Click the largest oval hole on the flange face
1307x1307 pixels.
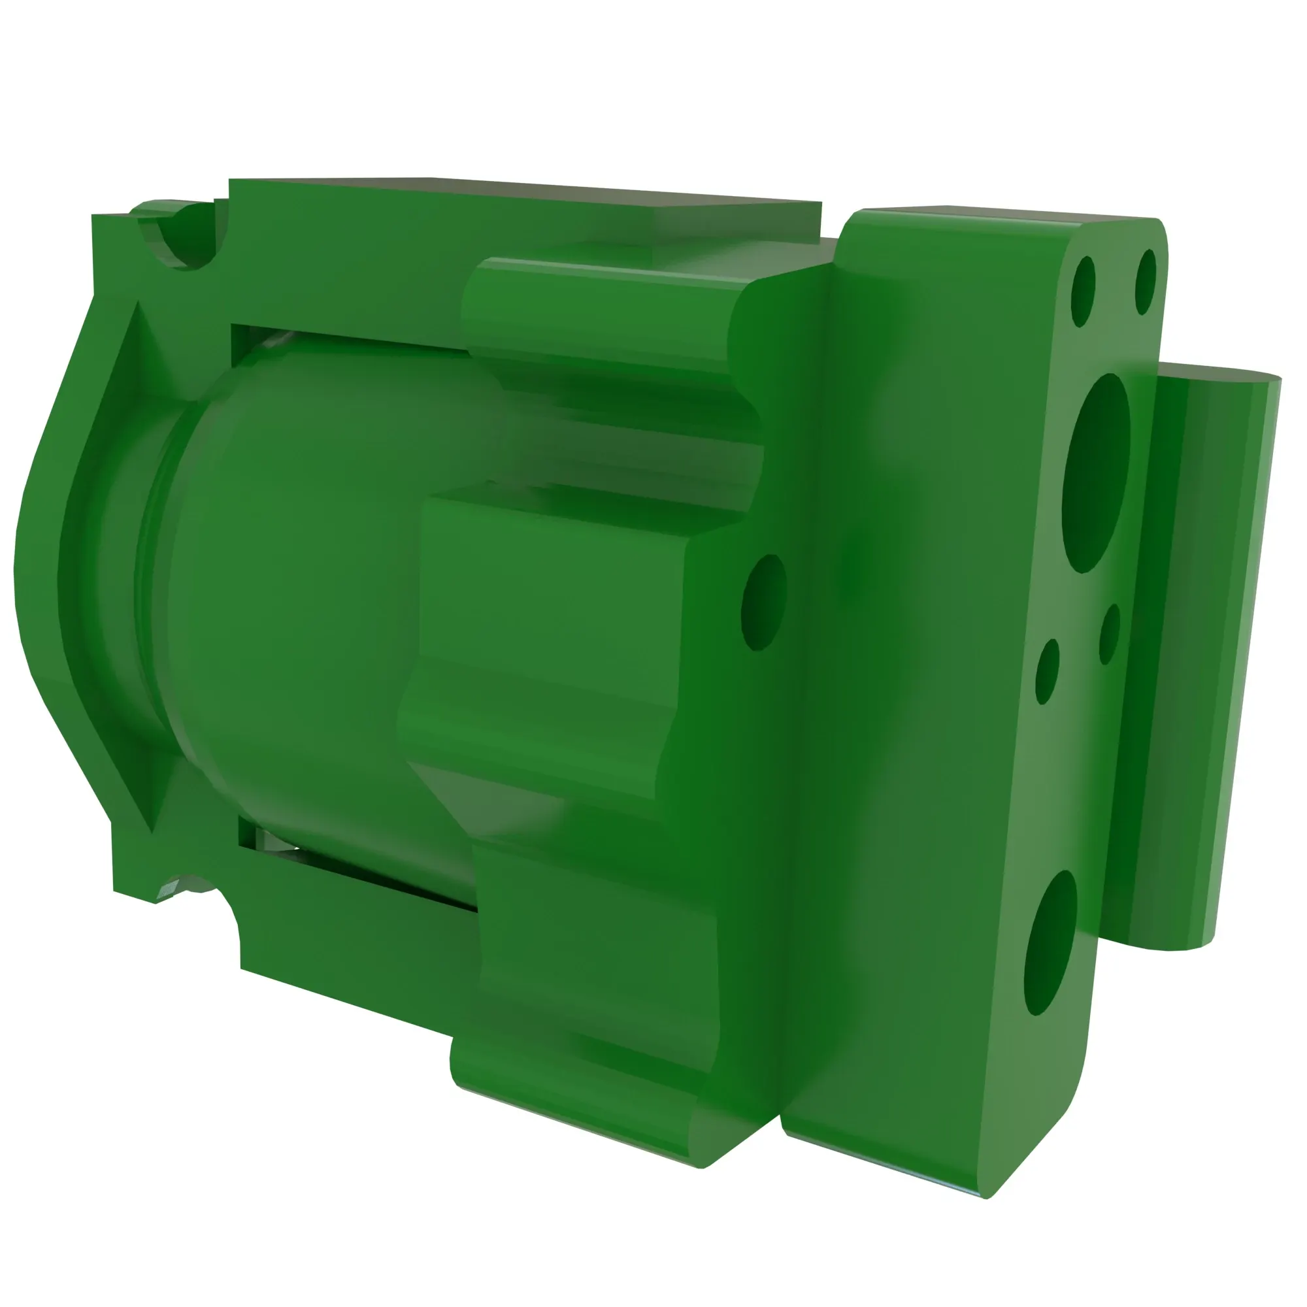coord(1097,472)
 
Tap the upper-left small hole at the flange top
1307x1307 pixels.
coord(1083,291)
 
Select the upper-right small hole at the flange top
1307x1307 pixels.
coord(1146,282)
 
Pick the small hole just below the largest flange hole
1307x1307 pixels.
coord(1110,634)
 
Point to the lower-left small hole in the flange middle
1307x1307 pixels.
coord(1047,670)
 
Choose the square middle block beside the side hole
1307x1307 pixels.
coord(548,609)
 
